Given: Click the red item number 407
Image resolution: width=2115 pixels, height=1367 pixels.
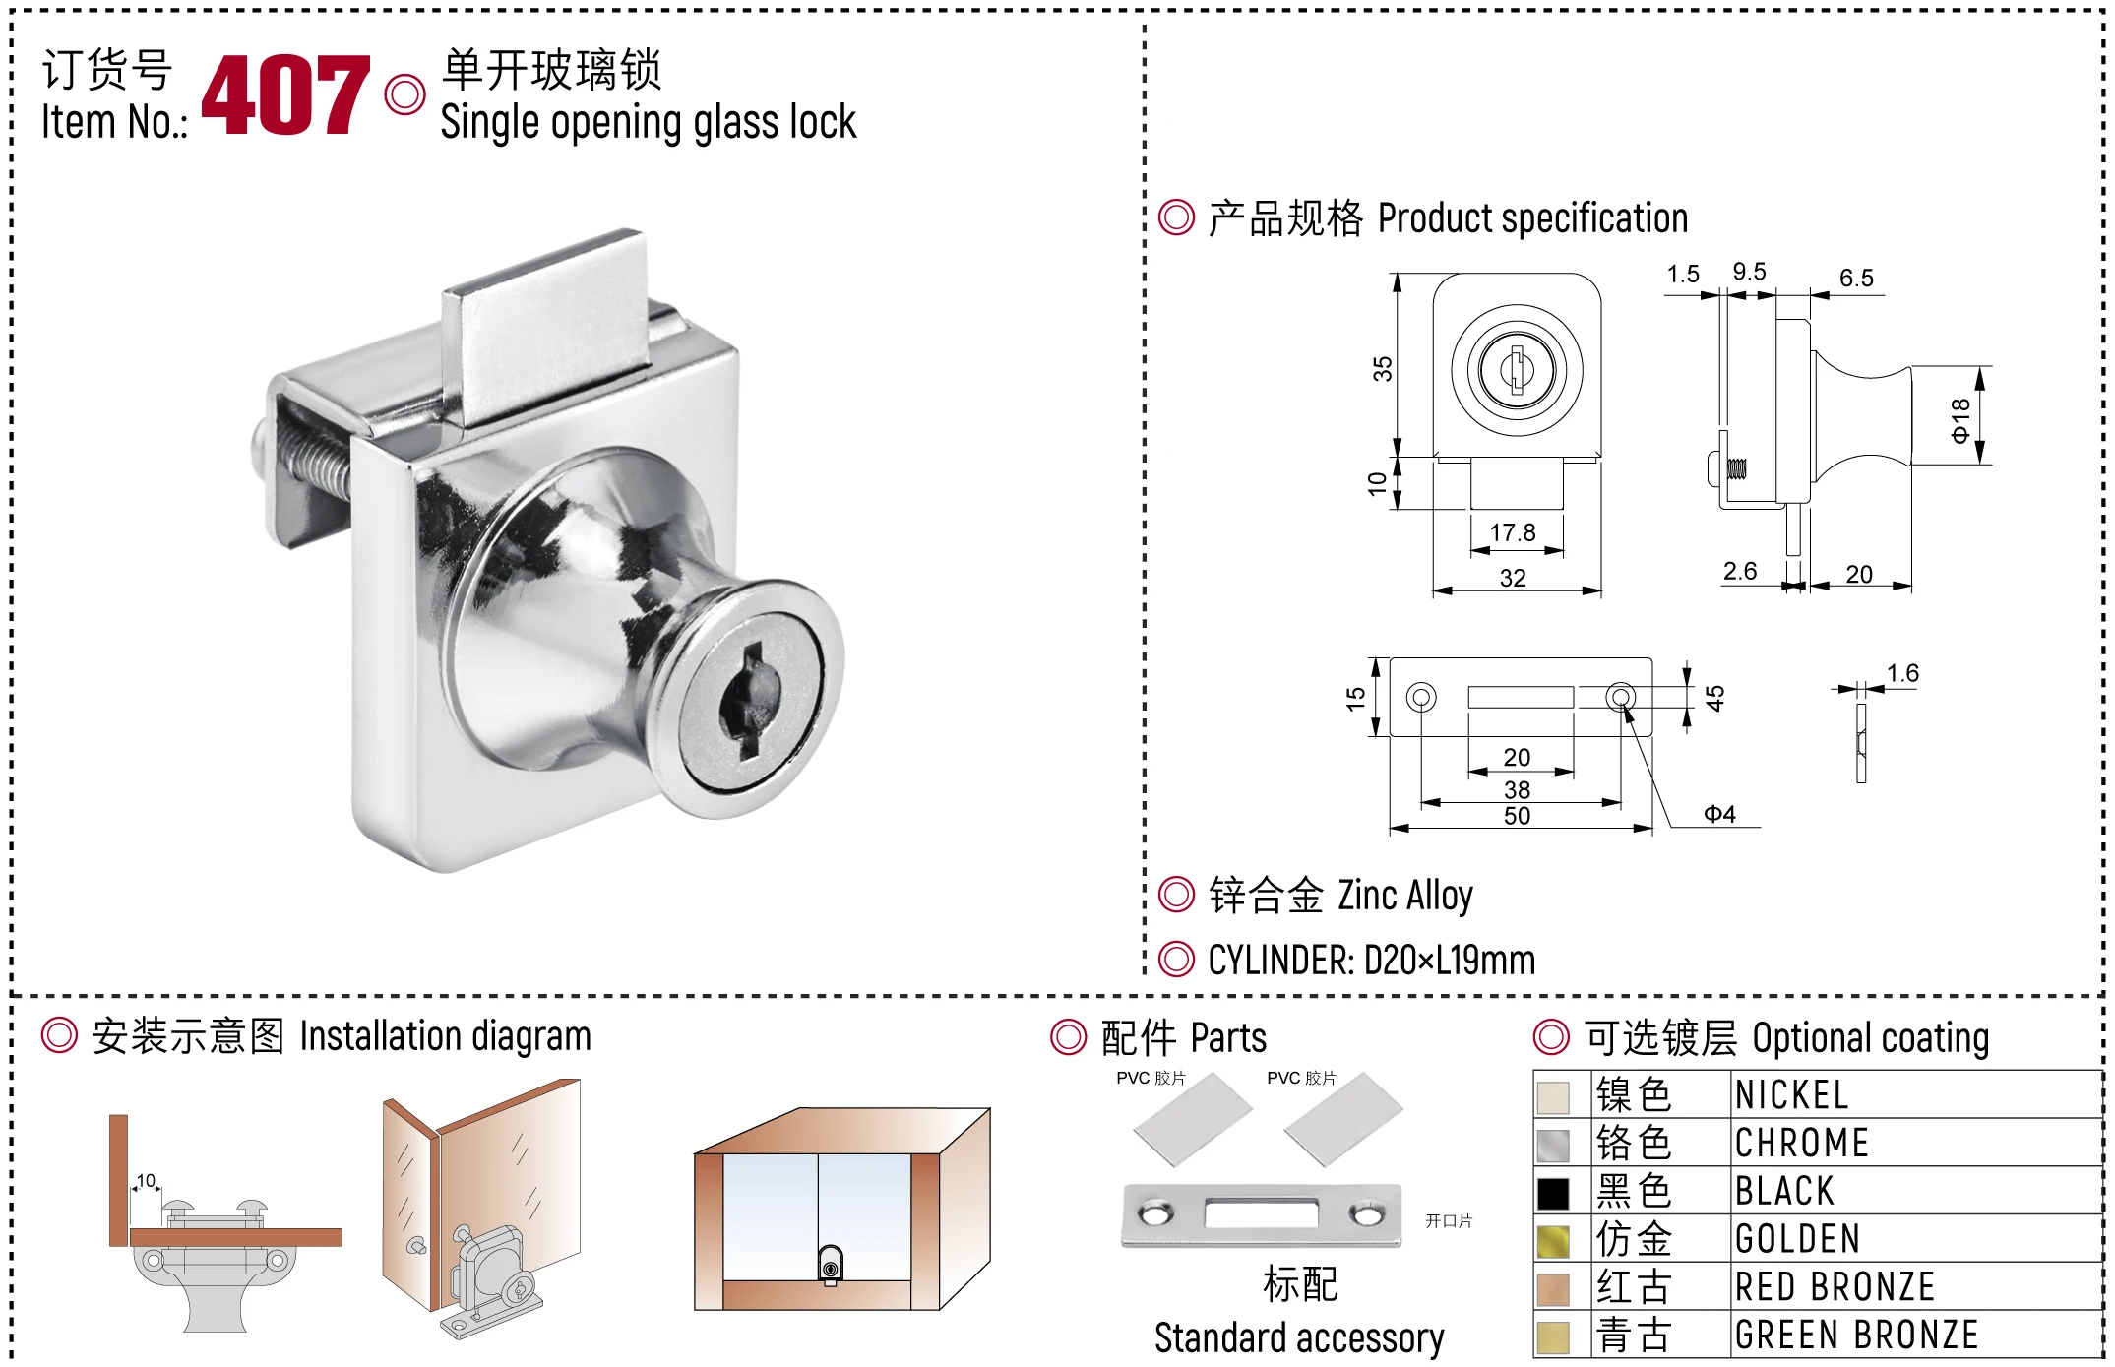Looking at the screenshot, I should (x=285, y=94).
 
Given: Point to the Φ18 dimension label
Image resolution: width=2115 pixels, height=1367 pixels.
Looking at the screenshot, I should (x=1959, y=420).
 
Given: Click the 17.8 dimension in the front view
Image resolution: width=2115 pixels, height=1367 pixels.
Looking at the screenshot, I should (x=1512, y=532).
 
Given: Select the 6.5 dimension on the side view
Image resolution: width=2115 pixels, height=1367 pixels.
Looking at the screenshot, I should (x=1856, y=279).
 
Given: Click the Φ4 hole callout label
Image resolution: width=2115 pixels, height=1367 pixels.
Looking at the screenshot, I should (x=1719, y=814).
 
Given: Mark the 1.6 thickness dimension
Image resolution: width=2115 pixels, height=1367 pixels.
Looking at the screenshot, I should (x=1902, y=673).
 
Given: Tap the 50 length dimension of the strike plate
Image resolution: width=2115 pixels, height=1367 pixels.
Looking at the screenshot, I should (x=1517, y=816).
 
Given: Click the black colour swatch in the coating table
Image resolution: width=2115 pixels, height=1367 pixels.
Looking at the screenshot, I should (x=1553, y=1193).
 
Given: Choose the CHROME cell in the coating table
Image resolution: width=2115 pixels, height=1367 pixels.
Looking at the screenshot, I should (x=1801, y=1144).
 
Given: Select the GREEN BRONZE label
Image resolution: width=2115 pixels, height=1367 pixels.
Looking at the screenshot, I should (x=1856, y=1336).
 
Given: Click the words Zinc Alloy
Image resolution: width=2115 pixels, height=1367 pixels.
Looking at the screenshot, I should (x=1404, y=896).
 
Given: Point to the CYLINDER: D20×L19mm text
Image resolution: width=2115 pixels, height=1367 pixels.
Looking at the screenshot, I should (x=1371, y=960).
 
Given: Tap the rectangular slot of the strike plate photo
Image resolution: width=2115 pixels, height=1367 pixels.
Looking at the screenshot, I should (x=1261, y=1213).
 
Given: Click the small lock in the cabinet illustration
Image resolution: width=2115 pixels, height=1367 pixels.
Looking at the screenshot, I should (x=831, y=1265).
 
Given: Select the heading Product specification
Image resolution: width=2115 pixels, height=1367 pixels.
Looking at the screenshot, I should (x=1531, y=218).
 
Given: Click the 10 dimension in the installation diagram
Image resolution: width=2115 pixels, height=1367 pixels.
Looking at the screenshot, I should (x=146, y=1181).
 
